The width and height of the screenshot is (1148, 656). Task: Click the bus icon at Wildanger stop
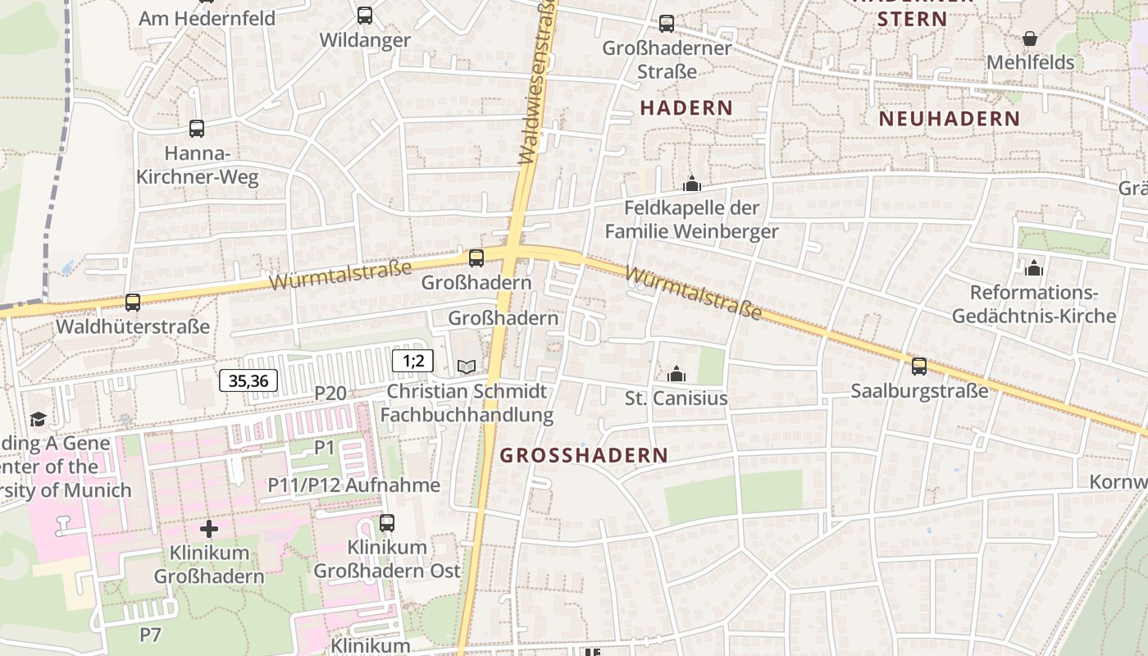click(365, 15)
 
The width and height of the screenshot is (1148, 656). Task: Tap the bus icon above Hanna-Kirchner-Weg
click(197, 128)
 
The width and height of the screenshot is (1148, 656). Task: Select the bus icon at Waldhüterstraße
click(133, 302)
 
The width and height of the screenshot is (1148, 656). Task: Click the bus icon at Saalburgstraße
click(919, 366)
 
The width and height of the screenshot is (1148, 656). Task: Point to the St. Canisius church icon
click(676, 375)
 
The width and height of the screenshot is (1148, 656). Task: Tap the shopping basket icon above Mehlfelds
click(1030, 39)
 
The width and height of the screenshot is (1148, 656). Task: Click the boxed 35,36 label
click(248, 380)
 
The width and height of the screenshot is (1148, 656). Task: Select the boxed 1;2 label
click(412, 360)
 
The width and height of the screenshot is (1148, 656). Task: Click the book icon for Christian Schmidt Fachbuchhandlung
click(466, 367)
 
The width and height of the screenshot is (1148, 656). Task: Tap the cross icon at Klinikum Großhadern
click(209, 528)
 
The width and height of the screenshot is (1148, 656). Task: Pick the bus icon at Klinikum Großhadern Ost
click(387, 522)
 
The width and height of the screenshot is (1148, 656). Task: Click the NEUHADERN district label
click(949, 119)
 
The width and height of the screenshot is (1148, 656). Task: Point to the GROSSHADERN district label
click(584, 455)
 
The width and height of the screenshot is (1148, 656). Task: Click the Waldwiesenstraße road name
click(539, 82)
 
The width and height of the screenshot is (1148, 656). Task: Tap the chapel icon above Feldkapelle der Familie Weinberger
click(692, 184)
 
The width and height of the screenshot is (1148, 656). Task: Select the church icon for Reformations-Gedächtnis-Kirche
click(1033, 268)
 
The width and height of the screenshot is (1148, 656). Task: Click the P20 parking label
click(330, 394)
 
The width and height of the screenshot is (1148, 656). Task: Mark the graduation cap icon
click(38, 419)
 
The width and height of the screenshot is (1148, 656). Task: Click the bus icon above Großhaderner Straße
click(667, 24)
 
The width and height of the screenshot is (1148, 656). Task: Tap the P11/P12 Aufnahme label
click(354, 485)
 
